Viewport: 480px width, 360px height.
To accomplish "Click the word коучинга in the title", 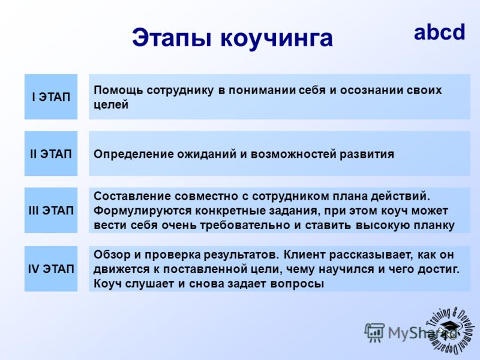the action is point(277,38).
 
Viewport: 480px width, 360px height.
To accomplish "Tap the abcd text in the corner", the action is point(439,32).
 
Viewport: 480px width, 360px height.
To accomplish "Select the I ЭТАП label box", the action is point(51,97).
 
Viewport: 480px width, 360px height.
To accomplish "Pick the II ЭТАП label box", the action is point(51,154).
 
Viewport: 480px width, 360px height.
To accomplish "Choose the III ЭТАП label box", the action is point(51,211).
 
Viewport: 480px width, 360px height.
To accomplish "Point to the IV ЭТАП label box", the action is point(51,269).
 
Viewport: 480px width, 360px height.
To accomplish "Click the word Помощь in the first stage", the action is point(118,91).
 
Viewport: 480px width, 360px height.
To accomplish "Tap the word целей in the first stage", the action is point(111,104).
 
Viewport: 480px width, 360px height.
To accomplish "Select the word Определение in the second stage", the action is point(133,154).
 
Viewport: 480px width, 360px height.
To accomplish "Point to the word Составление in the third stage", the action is point(132,196).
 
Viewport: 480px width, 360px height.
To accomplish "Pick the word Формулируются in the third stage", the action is point(142,211).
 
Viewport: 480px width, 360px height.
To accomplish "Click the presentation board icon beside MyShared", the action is point(374,332).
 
